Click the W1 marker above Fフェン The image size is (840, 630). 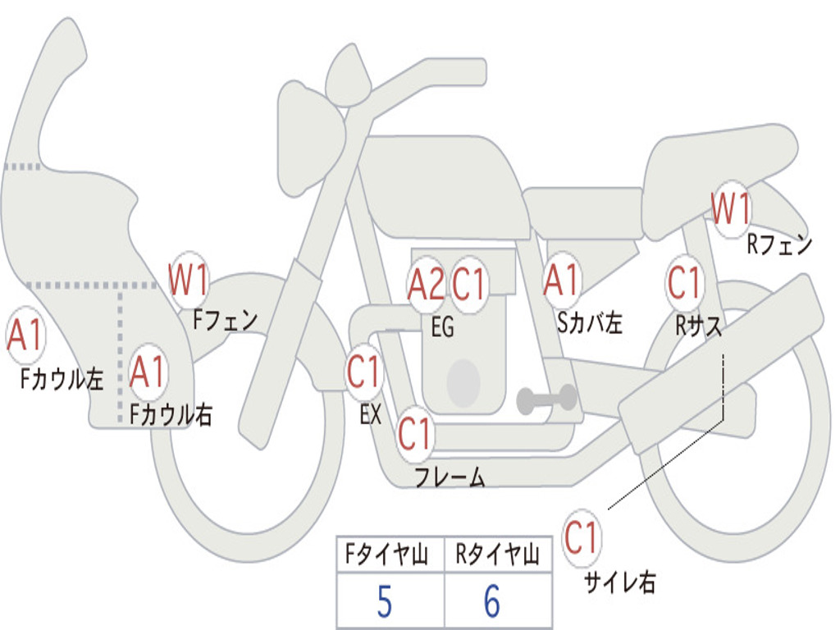(188, 280)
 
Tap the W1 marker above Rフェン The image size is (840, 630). (731, 209)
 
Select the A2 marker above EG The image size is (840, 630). (427, 284)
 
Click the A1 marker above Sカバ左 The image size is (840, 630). (562, 281)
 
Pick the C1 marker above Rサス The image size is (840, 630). (685, 282)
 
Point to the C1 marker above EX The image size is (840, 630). (363, 372)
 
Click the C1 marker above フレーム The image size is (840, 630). (414, 433)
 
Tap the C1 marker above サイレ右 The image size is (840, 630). (582, 537)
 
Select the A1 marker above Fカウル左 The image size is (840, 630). (25, 336)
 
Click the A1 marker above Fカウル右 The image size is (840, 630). (148, 372)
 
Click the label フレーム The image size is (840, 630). (450, 477)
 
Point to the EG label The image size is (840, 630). (442, 326)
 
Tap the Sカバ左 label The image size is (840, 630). (589, 323)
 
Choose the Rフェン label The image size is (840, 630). (779, 244)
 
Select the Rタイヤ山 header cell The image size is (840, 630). (498, 554)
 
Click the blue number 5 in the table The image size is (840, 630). (384, 601)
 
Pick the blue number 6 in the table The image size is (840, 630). (492, 601)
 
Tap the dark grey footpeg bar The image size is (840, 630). (546, 399)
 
